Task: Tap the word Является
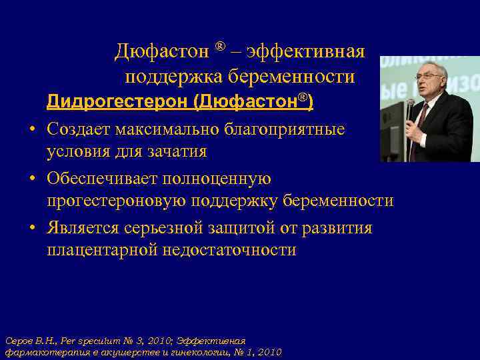[83, 228]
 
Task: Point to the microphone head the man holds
[409, 105]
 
